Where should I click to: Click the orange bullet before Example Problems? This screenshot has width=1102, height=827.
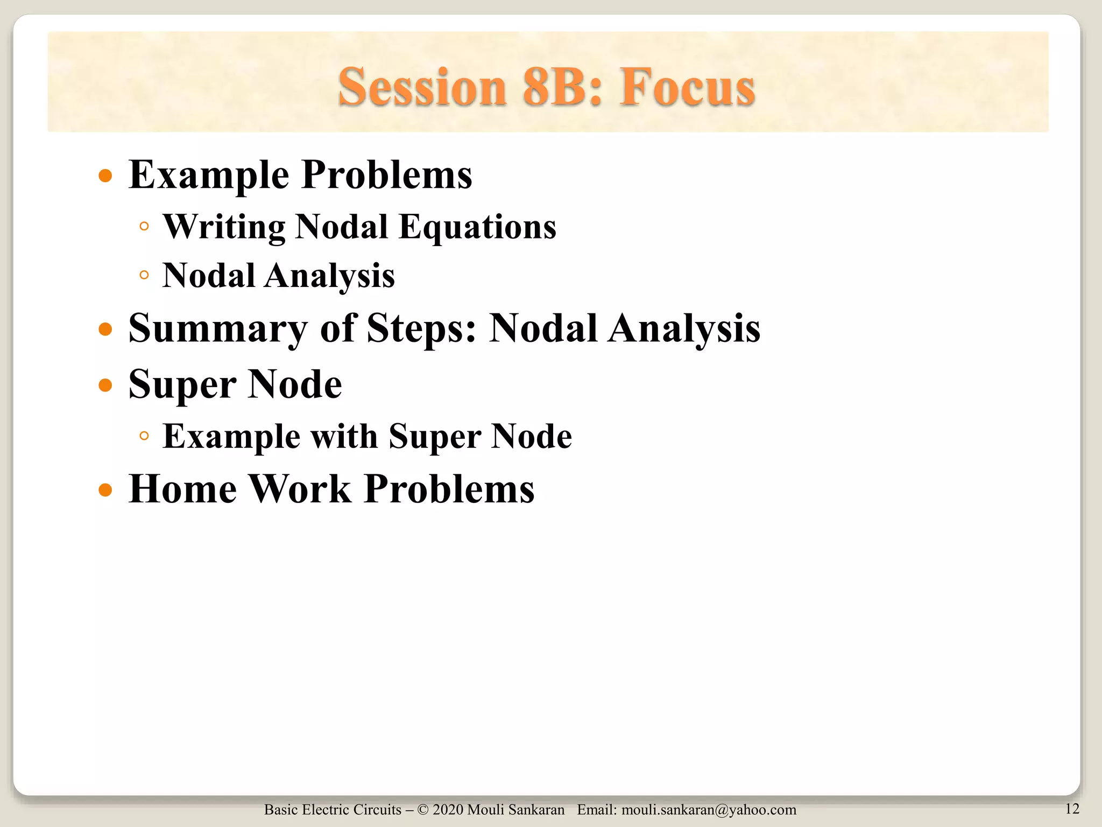point(105,176)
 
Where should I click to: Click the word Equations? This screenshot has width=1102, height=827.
point(477,227)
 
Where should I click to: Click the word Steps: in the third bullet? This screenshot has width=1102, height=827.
point(421,329)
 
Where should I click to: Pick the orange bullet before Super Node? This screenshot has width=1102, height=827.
point(105,386)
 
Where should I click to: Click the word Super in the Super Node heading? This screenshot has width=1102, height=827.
point(182,386)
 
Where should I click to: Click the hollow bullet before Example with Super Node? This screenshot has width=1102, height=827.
point(144,436)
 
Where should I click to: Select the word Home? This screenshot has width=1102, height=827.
point(182,489)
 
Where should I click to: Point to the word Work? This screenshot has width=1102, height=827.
point(301,489)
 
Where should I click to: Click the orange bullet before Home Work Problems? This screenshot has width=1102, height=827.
point(105,490)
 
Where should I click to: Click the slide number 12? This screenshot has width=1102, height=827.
point(1072,809)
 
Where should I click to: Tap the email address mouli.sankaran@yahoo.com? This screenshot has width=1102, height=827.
point(709,810)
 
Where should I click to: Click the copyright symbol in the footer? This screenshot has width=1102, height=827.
point(423,810)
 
